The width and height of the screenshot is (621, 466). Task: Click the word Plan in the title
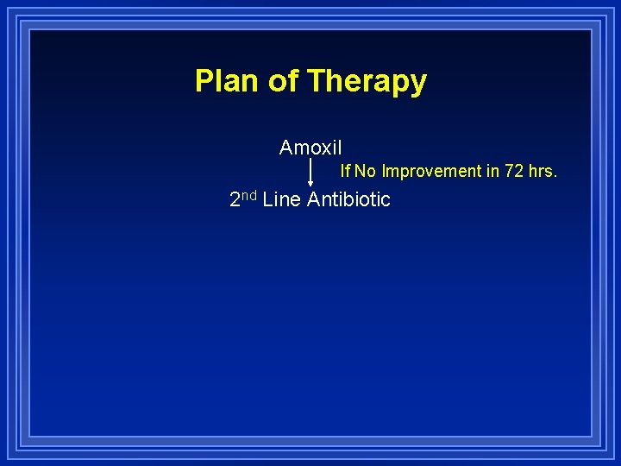[228, 81]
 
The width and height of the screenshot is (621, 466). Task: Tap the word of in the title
[283, 81]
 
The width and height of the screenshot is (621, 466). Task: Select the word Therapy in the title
[367, 82]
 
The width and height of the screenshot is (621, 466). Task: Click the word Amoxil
[310, 148]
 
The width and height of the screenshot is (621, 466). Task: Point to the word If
[345, 171]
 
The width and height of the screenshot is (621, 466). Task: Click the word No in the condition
[365, 171]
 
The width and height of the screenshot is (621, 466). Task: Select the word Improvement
[431, 171]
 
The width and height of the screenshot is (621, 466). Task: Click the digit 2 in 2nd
[235, 200]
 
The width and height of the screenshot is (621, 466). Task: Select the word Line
[281, 200]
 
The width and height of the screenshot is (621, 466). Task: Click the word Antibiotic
[348, 200]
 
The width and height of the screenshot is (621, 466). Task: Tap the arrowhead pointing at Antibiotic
[310, 183]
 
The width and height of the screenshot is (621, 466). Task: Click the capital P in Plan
[204, 81]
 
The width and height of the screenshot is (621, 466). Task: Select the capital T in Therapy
[315, 81]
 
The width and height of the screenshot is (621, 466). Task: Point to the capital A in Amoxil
[286, 148]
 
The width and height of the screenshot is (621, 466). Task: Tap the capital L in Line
[267, 200]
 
